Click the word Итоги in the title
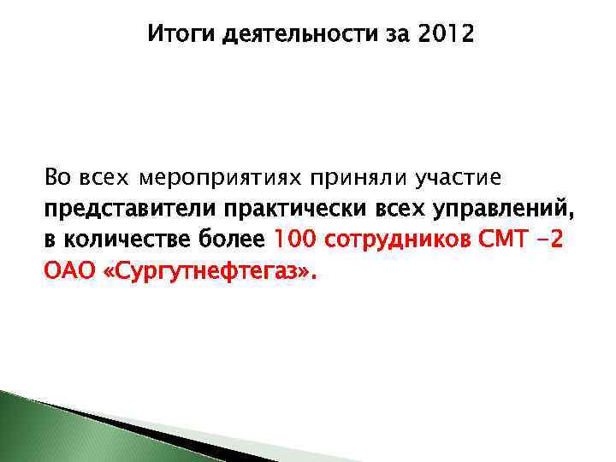click(176, 35)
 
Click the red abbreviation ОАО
click(69, 271)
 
